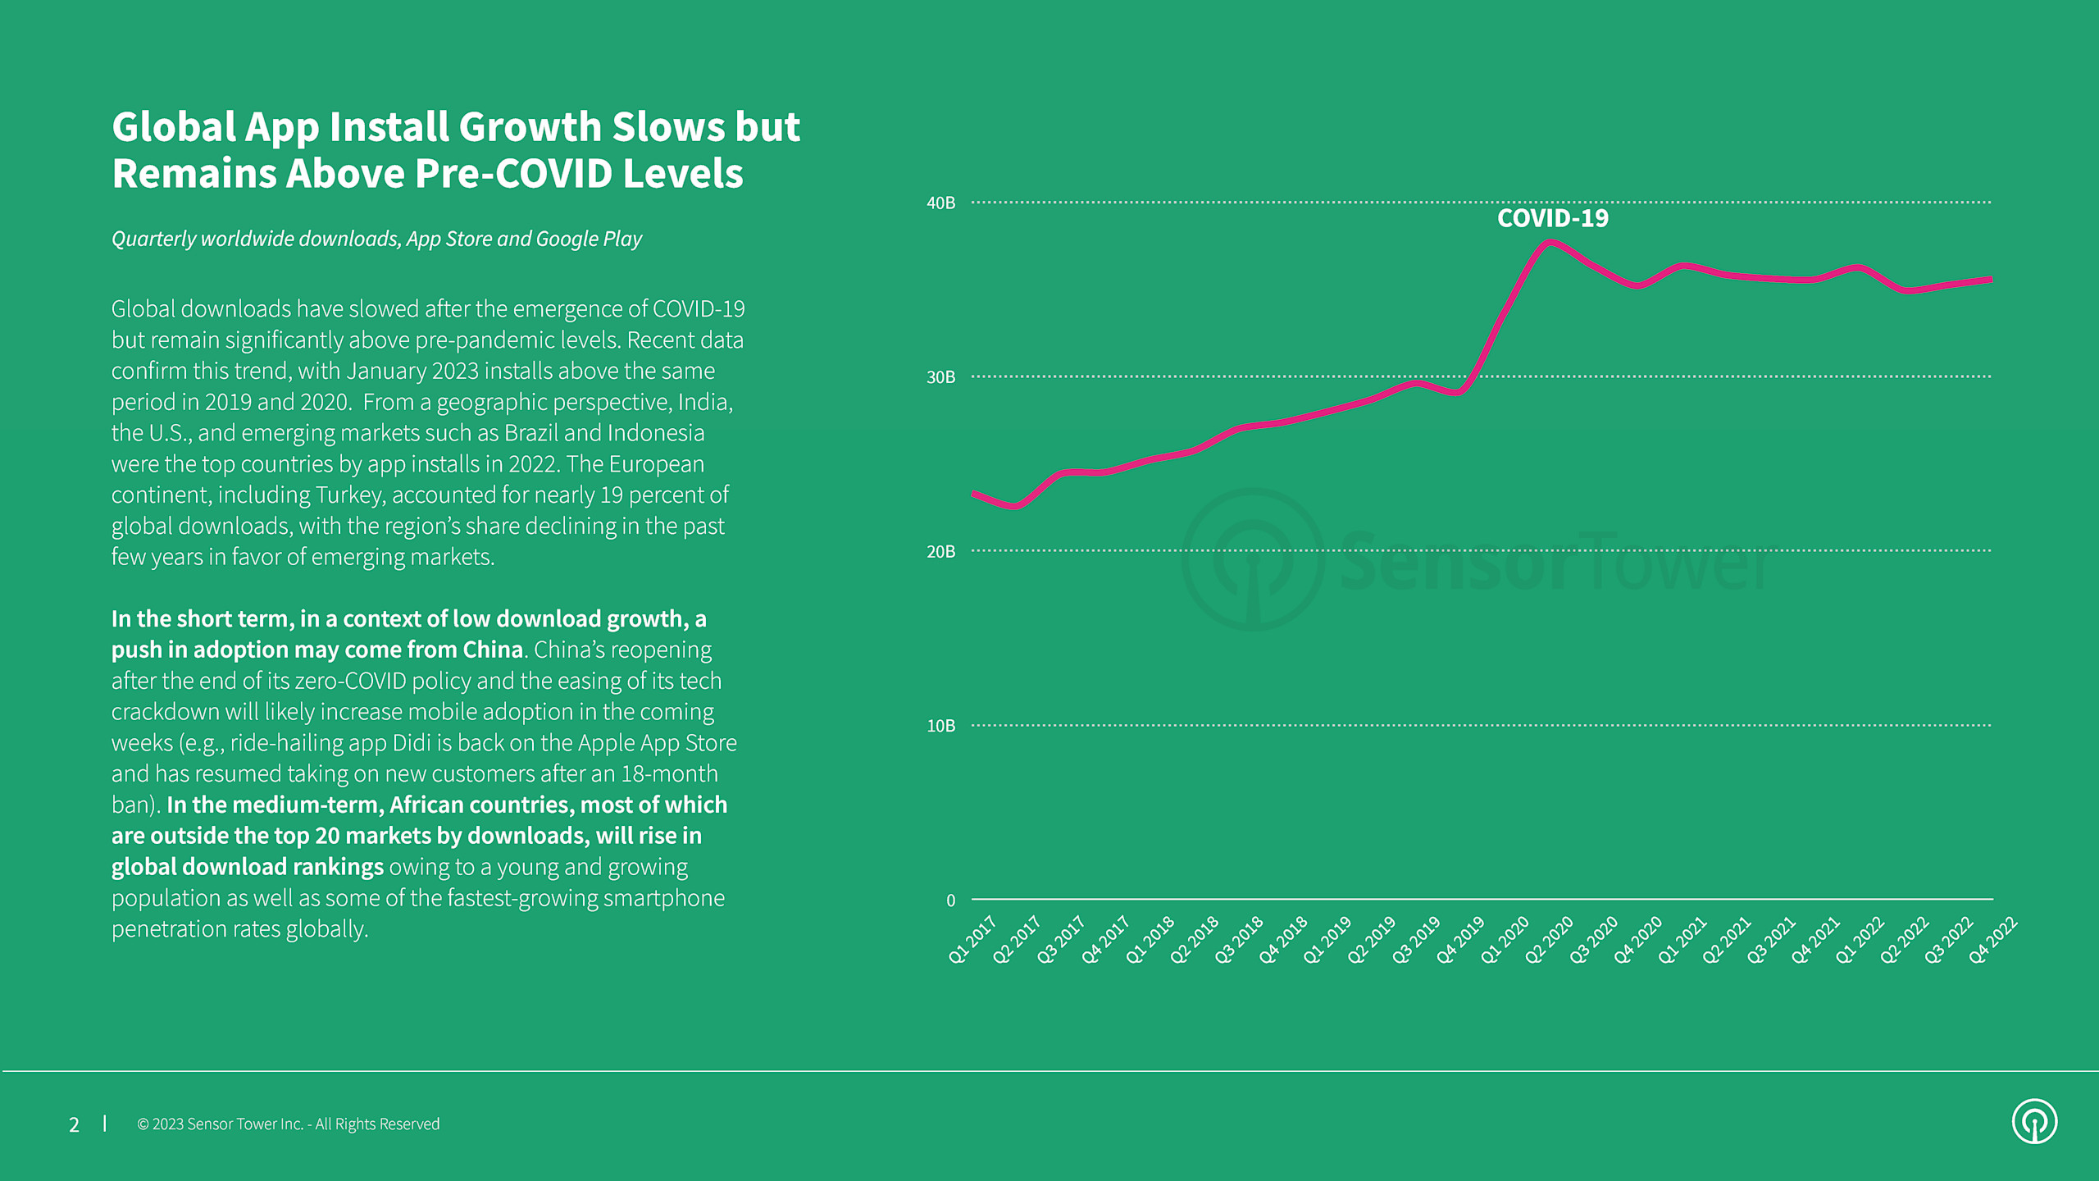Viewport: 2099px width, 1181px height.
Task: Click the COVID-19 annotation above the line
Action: pyautogui.click(x=1552, y=218)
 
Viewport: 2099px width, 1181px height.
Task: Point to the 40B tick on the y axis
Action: pyautogui.click(x=940, y=203)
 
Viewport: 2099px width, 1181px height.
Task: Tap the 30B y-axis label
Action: pyautogui.click(x=940, y=377)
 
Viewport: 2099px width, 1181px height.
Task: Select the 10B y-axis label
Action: pyautogui.click(x=940, y=726)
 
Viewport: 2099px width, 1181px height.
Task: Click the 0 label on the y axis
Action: pyautogui.click(x=950, y=901)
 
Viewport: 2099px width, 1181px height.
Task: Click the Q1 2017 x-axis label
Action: pyautogui.click(x=972, y=940)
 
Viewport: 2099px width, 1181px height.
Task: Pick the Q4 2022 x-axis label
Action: pyautogui.click(x=1992, y=940)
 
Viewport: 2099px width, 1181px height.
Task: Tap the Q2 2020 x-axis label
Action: pyautogui.click(x=1549, y=940)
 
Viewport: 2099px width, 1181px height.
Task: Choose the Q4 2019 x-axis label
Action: pyautogui.click(x=1460, y=940)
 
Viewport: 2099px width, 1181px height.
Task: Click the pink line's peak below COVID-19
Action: pyautogui.click(x=1550, y=243)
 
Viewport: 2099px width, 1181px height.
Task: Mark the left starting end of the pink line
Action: pyautogui.click(x=974, y=494)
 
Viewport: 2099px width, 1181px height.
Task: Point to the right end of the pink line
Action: pyautogui.click(x=1991, y=280)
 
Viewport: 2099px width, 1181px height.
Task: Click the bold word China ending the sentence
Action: pyautogui.click(x=492, y=650)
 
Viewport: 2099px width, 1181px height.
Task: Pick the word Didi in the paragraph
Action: pyautogui.click(x=411, y=743)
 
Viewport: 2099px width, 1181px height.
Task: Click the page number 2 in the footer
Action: pyautogui.click(x=74, y=1124)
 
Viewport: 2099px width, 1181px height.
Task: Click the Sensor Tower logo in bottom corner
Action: pyautogui.click(x=2034, y=1121)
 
